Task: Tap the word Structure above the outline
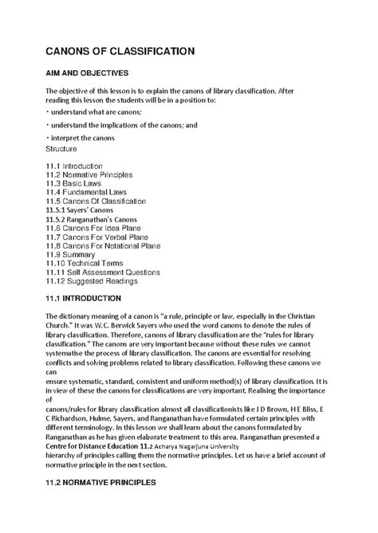coord(63,148)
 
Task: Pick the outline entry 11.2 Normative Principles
coord(89,174)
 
